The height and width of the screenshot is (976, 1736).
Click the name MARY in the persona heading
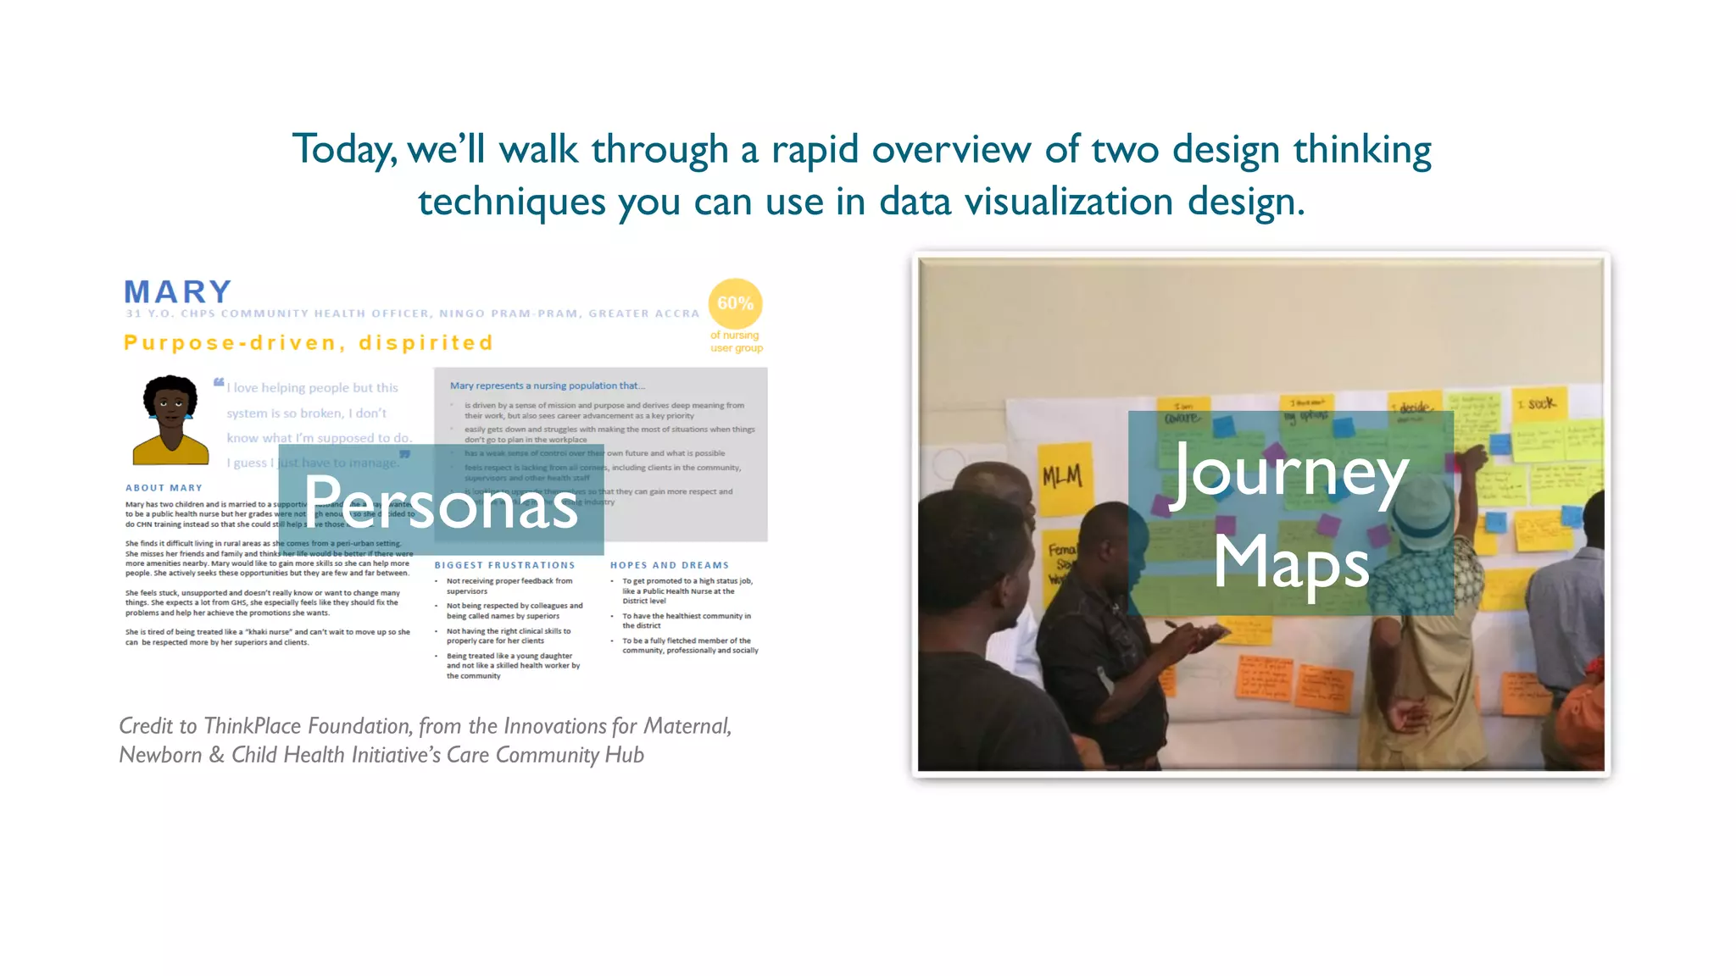[178, 292]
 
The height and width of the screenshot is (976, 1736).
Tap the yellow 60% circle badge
[735, 303]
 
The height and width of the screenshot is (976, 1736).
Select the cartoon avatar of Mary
[171, 420]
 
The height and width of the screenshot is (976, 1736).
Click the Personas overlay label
[441, 502]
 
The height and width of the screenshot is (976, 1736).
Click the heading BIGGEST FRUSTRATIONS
[504, 565]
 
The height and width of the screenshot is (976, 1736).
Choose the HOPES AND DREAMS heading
[669, 565]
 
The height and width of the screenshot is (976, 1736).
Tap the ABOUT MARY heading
[164, 488]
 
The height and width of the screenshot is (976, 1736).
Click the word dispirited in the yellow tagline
[426, 343]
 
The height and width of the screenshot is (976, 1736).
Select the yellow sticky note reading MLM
[1063, 477]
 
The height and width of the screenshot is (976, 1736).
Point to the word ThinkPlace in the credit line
[253, 726]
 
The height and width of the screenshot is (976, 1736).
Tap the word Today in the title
[343, 150]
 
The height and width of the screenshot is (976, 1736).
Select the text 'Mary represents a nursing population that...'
[547, 385]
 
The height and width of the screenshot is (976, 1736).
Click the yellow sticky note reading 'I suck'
[1541, 404]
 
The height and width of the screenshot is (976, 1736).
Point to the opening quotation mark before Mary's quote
[219, 382]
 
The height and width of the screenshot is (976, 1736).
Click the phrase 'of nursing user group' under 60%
[736, 341]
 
